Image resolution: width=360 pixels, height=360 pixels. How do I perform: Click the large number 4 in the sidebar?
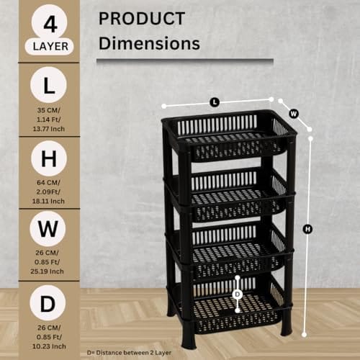(50, 24)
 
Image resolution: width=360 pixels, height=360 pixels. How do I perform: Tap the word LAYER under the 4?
(50, 47)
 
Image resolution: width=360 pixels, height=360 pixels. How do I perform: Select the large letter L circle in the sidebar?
(48, 85)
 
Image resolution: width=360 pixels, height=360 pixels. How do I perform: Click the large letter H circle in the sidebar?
(49, 158)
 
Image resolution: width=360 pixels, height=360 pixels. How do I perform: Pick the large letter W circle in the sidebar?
(48, 228)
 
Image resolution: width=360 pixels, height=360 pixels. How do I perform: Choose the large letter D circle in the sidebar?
(48, 303)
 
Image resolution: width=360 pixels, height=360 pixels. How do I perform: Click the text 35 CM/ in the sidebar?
(49, 110)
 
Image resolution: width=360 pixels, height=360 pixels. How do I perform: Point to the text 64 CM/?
(48, 182)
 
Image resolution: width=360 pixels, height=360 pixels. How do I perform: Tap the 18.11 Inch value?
(48, 201)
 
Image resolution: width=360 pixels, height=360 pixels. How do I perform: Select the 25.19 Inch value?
(47, 271)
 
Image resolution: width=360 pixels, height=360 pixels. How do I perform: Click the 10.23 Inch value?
(49, 346)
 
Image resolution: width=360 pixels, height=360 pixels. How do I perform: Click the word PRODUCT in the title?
(142, 19)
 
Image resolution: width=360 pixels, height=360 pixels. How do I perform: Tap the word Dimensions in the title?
(149, 43)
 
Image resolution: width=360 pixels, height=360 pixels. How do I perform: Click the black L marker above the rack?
(215, 102)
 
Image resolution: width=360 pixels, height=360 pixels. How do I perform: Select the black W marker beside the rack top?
(294, 113)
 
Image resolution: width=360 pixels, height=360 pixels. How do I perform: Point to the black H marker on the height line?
(307, 229)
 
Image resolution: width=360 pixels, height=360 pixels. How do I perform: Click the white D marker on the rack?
(238, 294)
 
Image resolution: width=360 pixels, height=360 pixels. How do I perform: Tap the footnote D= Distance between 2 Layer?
(129, 353)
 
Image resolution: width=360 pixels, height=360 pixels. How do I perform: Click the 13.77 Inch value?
(49, 129)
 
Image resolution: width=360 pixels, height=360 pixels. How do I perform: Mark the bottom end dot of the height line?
(305, 334)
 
